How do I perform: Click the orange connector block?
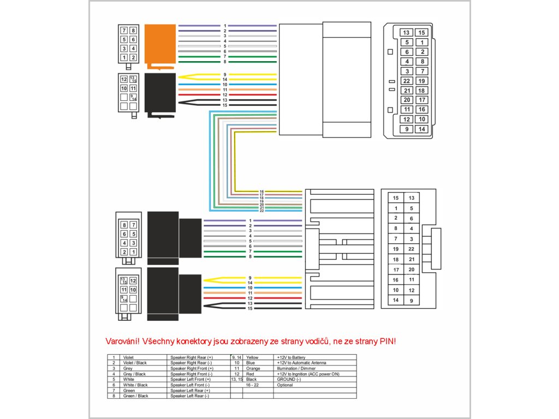(159, 46)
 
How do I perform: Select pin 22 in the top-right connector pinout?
(407, 81)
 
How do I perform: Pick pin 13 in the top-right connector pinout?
(407, 33)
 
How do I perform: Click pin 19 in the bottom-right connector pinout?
(396, 249)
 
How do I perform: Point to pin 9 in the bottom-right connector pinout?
(411, 301)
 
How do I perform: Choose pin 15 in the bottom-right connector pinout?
(396, 198)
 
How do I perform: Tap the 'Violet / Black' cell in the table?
(135, 363)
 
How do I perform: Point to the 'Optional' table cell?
(285, 385)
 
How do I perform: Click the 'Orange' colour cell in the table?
(254, 368)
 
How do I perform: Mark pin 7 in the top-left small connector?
(124, 31)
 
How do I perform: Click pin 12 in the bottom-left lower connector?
(133, 280)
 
